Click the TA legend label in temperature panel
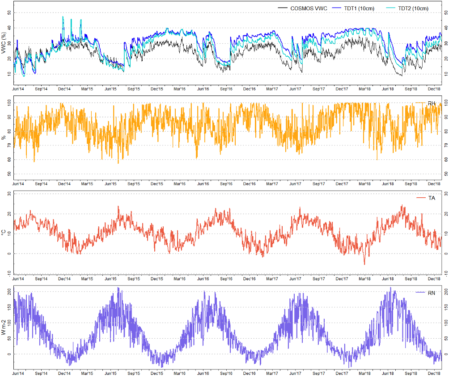pos(431,198)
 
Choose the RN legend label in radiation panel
pos(431,292)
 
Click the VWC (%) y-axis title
pos(4,43)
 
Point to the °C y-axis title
pos(4,233)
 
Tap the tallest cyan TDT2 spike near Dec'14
pos(63,17)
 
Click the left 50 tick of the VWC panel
pos(10,12)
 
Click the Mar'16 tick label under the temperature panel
pos(180,278)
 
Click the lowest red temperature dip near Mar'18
pos(364,265)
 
